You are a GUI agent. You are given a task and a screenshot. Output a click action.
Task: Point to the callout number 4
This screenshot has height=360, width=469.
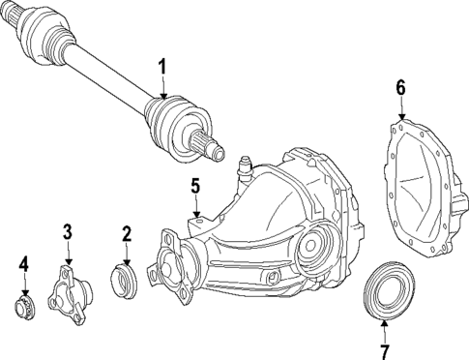[24, 263]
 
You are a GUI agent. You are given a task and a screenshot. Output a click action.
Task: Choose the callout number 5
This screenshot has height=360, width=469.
[194, 185]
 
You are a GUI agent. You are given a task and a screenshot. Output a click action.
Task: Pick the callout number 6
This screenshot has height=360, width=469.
[400, 87]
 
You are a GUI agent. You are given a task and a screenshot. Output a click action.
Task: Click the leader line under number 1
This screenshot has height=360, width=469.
[163, 85]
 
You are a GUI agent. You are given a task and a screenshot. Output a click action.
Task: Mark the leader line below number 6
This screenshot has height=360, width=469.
[400, 109]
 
